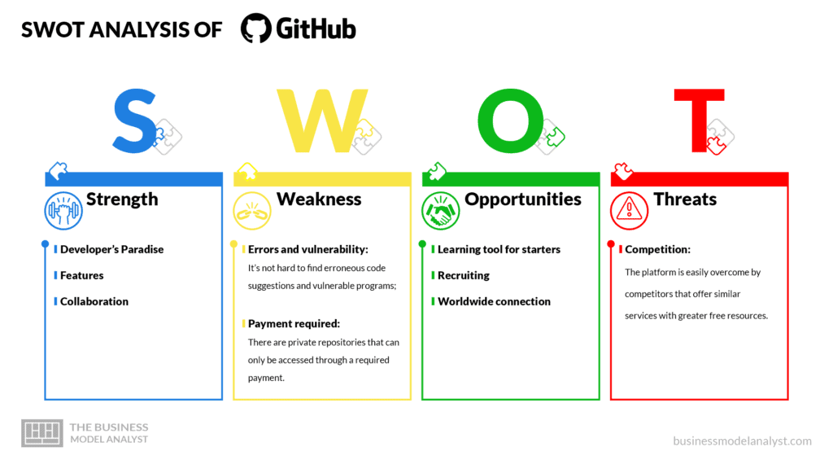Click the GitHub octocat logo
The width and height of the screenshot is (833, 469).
coord(256,28)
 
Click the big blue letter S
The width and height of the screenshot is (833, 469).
coord(135,121)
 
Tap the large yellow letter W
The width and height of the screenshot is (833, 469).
coord(322,121)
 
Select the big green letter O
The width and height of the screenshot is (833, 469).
coord(511,121)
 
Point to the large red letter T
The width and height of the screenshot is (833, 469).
coord(699,121)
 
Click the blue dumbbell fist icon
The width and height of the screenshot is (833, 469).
coord(63,211)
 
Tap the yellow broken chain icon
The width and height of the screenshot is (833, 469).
coord(252,211)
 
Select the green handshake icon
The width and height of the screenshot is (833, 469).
coord(440,211)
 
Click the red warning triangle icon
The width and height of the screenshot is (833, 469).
coord(629,211)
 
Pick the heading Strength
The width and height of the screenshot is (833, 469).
coord(122,200)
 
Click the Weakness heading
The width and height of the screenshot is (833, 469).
coord(319,199)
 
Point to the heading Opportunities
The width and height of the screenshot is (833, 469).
coord(523,200)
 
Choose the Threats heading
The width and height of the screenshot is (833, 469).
coord(685,199)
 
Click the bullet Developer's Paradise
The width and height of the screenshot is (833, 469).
coord(111,249)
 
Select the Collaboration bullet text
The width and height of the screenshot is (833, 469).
coord(94,301)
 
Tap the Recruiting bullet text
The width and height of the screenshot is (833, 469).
coord(463,275)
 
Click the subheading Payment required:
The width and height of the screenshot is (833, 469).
coord(294,324)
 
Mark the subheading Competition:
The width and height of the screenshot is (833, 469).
coord(657,249)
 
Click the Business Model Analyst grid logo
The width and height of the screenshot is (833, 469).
coord(42,433)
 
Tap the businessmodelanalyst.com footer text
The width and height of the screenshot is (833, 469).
coord(742,441)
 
